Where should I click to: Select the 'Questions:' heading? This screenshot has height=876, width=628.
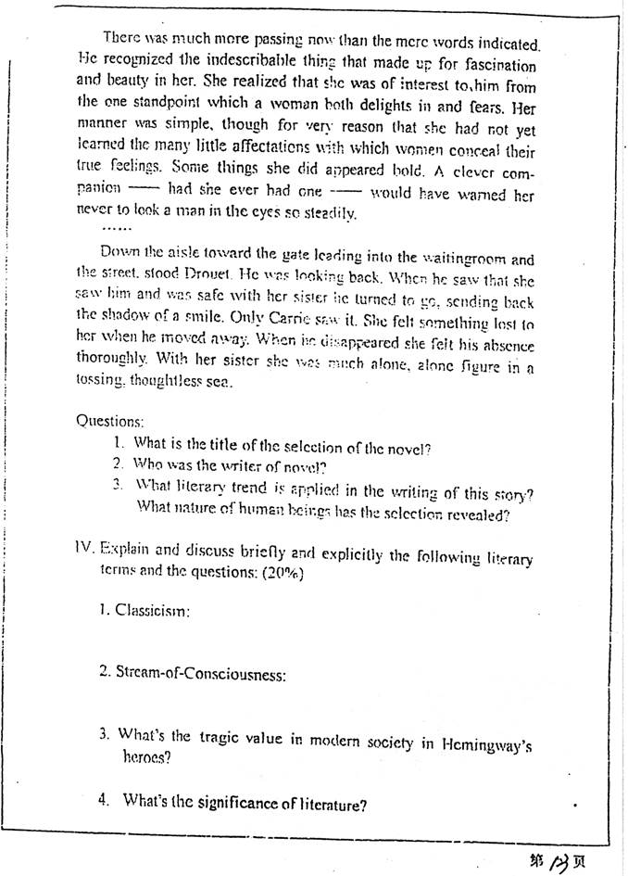point(110,420)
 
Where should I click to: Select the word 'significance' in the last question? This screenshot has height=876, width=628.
point(234,804)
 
